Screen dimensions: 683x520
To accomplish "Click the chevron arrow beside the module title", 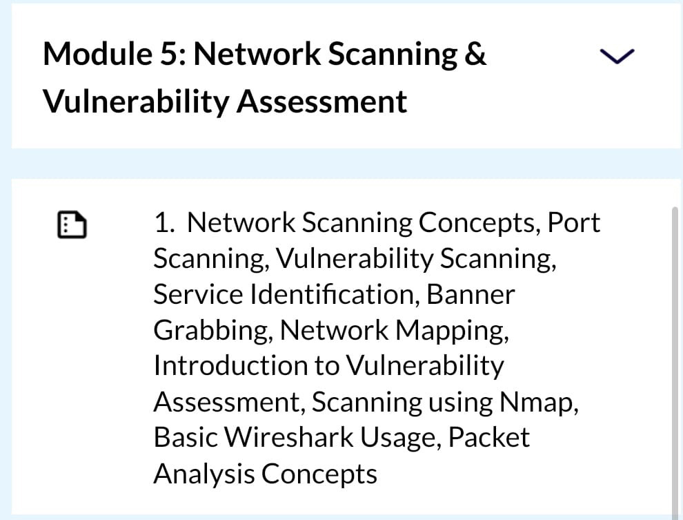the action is tap(617, 56).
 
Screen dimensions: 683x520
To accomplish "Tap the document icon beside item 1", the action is tap(72, 225).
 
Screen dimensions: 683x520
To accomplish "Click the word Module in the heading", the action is tap(97, 54).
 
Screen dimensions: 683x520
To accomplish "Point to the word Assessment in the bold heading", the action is tap(322, 102).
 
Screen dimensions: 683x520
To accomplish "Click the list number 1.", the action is tap(164, 223).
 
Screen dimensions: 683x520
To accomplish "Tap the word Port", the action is tap(574, 223).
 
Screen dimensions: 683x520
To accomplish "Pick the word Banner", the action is tap(471, 294).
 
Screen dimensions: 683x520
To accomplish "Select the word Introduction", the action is tap(230, 365).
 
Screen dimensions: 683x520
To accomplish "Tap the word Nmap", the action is tap(539, 403).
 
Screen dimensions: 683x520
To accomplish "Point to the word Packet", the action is tap(489, 437).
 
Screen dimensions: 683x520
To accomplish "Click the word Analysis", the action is tap(204, 474).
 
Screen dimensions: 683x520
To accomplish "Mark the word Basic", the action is tap(186, 437).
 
